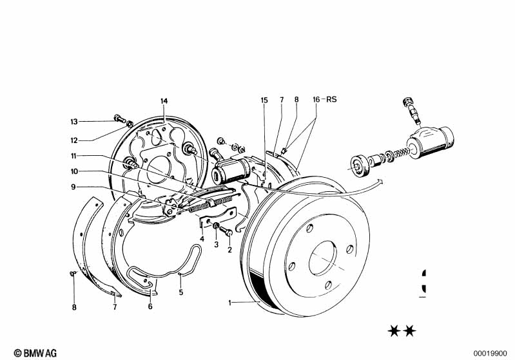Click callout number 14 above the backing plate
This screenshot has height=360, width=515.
pos(164,101)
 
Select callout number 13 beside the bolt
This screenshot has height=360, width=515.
pos(74,121)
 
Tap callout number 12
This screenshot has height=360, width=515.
pos(74,140)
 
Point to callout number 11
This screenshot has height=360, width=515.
pos(74,156)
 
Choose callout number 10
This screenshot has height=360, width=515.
pos(74,171)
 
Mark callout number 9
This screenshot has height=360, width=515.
pos(74,187)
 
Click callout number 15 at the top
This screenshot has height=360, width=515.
pos(264,100)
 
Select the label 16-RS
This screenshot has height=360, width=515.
pos(325,100)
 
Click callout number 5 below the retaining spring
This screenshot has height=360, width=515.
pos(181,292)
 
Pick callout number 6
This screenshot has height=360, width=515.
pos(150,307)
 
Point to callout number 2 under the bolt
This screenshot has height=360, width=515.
pos(229,251)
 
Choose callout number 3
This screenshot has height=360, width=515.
pos(217,245)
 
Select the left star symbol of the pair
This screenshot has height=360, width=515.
pos(393,332)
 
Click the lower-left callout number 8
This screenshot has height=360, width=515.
pos(74,307)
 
